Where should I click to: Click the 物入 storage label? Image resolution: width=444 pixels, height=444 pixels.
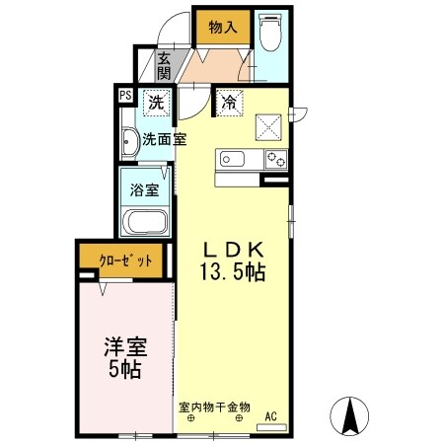(222, 27)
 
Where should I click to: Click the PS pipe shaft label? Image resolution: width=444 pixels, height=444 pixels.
(125, 96)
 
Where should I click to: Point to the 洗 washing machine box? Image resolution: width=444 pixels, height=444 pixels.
(157, 101)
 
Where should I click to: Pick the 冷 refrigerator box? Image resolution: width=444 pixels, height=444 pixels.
(229, 101)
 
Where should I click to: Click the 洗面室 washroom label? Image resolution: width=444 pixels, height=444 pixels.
(163, 139)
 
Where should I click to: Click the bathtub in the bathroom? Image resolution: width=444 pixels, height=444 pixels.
(143, 223)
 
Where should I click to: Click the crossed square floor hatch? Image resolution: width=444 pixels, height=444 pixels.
(268, 126)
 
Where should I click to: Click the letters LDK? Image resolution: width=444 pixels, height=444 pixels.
(233, 249)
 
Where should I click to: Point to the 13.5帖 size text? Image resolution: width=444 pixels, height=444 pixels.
(233, 273)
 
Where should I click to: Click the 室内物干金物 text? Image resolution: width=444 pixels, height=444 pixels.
(215, 405)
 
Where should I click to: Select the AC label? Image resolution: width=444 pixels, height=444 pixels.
(270, 415)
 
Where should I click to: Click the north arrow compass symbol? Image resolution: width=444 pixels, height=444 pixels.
(348, 413)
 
